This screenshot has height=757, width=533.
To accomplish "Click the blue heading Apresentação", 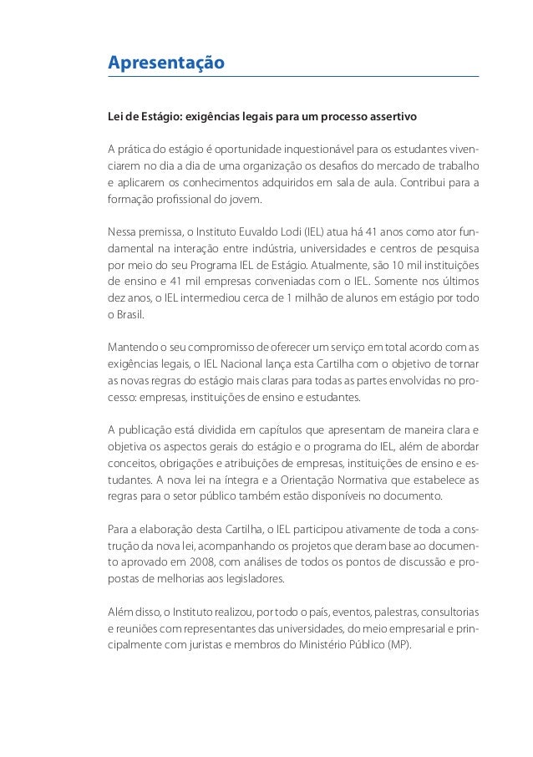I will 166,64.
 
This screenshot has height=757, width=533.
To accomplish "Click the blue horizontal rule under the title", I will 293,77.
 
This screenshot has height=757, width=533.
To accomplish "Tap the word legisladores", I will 247,579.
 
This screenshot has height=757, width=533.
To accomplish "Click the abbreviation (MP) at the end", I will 397,645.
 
